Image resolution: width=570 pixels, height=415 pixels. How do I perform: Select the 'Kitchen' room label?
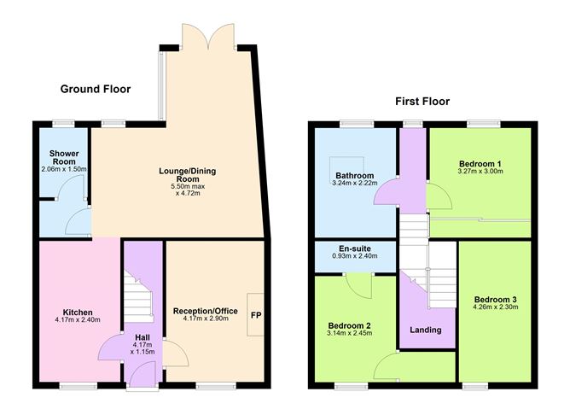[78, 312]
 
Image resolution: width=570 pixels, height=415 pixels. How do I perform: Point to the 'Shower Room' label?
[64, 158]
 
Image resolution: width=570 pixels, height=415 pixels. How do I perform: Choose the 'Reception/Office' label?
[205, 310]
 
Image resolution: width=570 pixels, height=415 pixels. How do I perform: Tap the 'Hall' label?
[141, 337]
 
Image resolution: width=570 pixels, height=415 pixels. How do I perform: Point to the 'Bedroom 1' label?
[480, 163]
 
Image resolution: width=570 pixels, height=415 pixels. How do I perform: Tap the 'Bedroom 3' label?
[496, 300]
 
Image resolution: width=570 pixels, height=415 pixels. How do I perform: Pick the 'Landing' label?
[426, 330]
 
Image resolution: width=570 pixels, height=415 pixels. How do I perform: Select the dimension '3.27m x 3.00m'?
[480, 172]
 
